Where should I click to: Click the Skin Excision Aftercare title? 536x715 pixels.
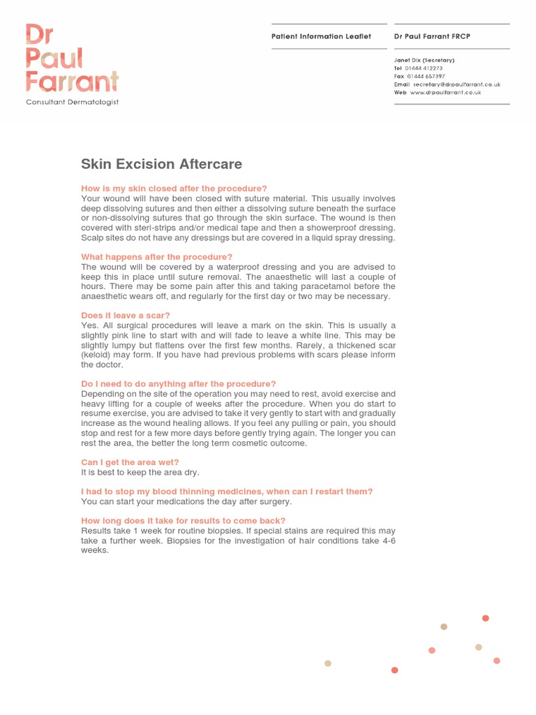tap(161, 165)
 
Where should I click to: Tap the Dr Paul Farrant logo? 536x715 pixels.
tap(72, 59)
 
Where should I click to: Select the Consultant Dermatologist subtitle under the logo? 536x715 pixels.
tap(72, 102)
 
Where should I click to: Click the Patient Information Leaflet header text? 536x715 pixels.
tap(321, 36)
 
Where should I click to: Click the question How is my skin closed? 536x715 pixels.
tap(174, 189)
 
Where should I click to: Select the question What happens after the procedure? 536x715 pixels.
tap(156, 257)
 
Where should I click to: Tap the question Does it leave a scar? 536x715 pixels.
tap(126, 316)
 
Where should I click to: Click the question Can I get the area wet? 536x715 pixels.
tap(130, 462)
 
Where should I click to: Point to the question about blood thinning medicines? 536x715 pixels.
tap(227, 492)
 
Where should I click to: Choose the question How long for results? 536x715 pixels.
tap(183, 521)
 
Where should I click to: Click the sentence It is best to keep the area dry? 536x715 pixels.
tap(140, 472)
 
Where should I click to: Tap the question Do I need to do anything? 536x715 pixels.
tap(179, 384)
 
